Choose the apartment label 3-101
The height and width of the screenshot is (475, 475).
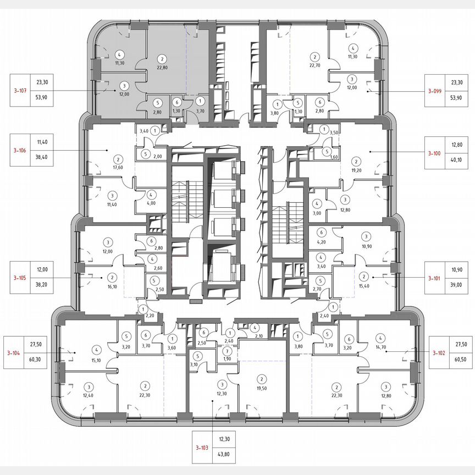tap(438, 279)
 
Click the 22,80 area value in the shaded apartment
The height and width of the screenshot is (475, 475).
tap(162, 68)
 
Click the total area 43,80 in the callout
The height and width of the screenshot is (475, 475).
tap(224, 457)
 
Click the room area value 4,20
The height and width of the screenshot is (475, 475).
tap(321, 241)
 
